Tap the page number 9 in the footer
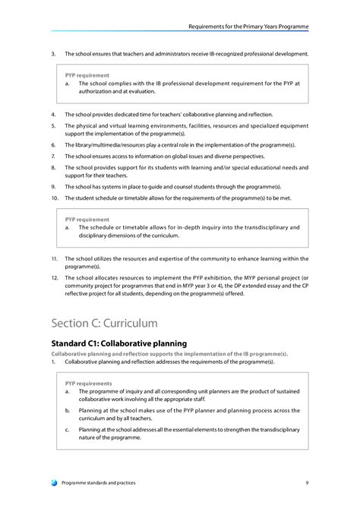pos(306,482)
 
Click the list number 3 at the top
pos(53,54)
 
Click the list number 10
pos(54,198)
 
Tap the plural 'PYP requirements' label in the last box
pos(88,384)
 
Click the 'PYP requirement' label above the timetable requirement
pos(87,219)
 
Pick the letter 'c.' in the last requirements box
pos(68,429)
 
